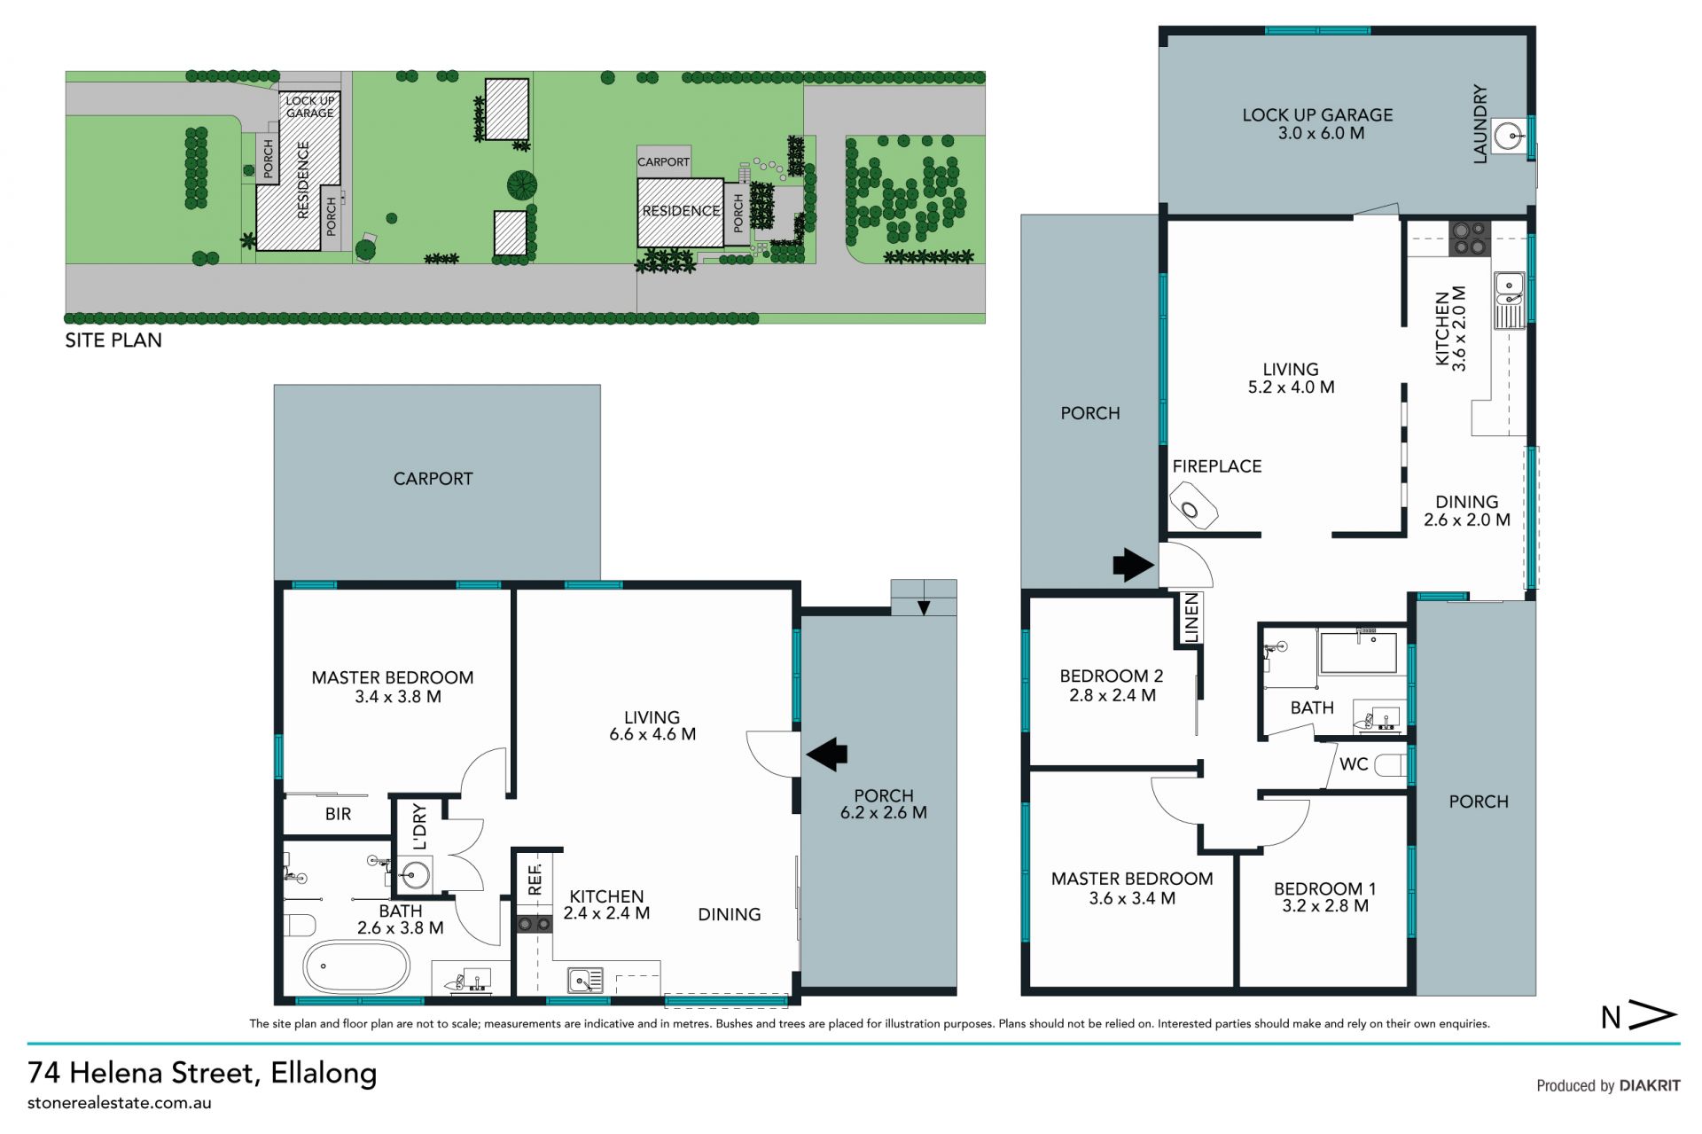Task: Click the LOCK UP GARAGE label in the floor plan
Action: point(1317,114)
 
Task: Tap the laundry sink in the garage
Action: point(1511,137)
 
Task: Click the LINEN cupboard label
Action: point(1191,618)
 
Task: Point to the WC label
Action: point(1354,764)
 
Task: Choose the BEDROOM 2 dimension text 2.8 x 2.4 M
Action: point(1113,696)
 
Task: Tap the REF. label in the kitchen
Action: point(535,879)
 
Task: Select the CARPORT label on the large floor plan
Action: point(433,479)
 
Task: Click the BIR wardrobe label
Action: point(338,814)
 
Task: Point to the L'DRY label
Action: point(419,826)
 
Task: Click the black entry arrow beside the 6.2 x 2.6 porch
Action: point(826,755)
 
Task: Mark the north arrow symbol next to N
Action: point(1653,1015)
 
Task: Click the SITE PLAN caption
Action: point(113,340)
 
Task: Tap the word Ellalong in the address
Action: point(324,1073)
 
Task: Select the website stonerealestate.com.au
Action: point(120,1104)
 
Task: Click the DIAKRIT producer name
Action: point(1650,1085)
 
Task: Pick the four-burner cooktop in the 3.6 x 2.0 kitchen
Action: point(1469,238)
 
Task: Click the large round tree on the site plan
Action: point(522,185)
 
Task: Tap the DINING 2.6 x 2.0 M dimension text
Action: point(1467,520)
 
